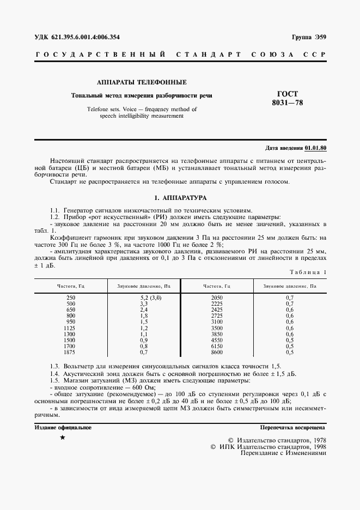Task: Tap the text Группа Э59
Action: click(309, 37)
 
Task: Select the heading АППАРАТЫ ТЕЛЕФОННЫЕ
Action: click(142, 82)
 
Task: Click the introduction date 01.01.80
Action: click(315, 148)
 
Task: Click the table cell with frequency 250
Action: click(71, 297)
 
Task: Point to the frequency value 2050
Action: click(216, 297)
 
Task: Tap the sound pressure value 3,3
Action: click(144, 303)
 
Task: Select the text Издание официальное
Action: click(63, 428)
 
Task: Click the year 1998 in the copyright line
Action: click(316, 446)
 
